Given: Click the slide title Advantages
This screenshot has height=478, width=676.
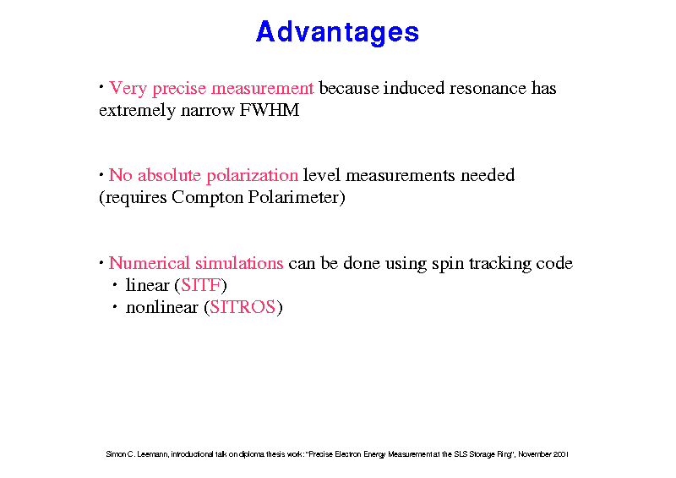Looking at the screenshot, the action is pyautogui.click(x=337, y=32).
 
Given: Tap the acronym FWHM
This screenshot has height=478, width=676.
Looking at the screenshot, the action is pyautogui.click(x=270, y=110).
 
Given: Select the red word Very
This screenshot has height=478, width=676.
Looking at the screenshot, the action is pyautogui.click(x=128, y=89).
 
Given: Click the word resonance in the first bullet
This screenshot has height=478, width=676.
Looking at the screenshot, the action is pyautogui.click(x=488, y=89).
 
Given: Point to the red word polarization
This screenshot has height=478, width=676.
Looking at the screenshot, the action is pyautogui.click(x=252, y=176).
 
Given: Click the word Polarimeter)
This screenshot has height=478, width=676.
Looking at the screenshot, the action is pyautogui.click(x=297, y=197).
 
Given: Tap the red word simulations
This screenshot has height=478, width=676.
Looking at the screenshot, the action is pyautogui.click(x=239, y=263).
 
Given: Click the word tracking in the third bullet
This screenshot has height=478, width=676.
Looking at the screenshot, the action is pyautogui.click(x=500, y=264).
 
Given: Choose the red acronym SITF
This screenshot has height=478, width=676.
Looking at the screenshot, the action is pyautogui.click(x=201, y=285).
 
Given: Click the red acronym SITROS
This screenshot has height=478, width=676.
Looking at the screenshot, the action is pyautogui.click(x=243, y=307).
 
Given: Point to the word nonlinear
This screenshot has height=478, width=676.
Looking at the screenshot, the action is pyautogui.click(x=162, y=307).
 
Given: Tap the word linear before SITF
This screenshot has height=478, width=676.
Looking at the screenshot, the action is pyautogui.click(x=147, y=285).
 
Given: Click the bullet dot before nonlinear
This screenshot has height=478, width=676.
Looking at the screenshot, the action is pyautogui.click(x=115, y=306).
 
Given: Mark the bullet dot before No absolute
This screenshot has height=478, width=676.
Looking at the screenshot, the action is pyautogui.click(x=101, y=175).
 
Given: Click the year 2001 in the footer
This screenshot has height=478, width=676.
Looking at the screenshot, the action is pyautogui.click(x=561, y=454).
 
